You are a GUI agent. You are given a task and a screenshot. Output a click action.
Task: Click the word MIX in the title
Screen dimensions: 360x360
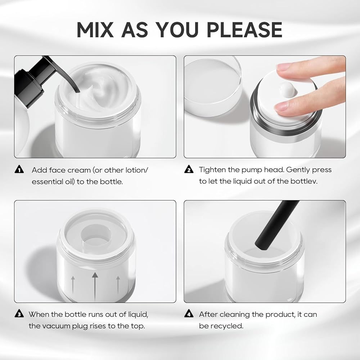tap(95, 30)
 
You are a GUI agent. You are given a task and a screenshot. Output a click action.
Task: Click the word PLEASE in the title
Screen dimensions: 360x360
tap(244, 30)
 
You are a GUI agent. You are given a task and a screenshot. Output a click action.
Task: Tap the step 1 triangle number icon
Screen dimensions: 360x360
tap(19, 169)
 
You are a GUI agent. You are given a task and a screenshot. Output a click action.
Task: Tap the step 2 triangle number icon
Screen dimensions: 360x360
tap(189, 169)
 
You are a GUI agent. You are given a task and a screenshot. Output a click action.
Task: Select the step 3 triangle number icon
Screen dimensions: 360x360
tap(19, 314)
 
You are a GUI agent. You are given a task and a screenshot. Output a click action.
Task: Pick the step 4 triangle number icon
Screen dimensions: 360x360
tap(189, 314)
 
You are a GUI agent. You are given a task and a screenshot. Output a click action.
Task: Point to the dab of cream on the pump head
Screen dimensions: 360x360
tap(287, 90)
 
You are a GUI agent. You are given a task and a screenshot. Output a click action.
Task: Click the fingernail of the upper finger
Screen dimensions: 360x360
tap(283, 67)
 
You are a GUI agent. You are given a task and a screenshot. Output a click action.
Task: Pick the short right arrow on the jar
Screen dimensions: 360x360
tap(118, 285)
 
